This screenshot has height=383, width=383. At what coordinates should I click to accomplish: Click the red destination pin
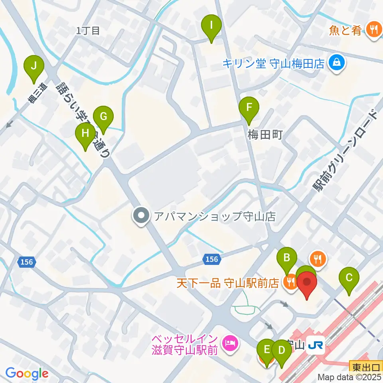(x=307, y=284)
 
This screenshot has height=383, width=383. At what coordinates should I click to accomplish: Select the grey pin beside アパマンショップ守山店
(x=141, y=216)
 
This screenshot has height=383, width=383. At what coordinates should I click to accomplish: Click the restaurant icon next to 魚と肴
(x=373, y=30)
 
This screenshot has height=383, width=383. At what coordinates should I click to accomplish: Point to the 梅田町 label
(x=265, y=135)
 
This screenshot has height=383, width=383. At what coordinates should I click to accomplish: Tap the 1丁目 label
(x=87, y=31)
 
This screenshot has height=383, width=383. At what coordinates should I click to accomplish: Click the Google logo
(x=27, y=373)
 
